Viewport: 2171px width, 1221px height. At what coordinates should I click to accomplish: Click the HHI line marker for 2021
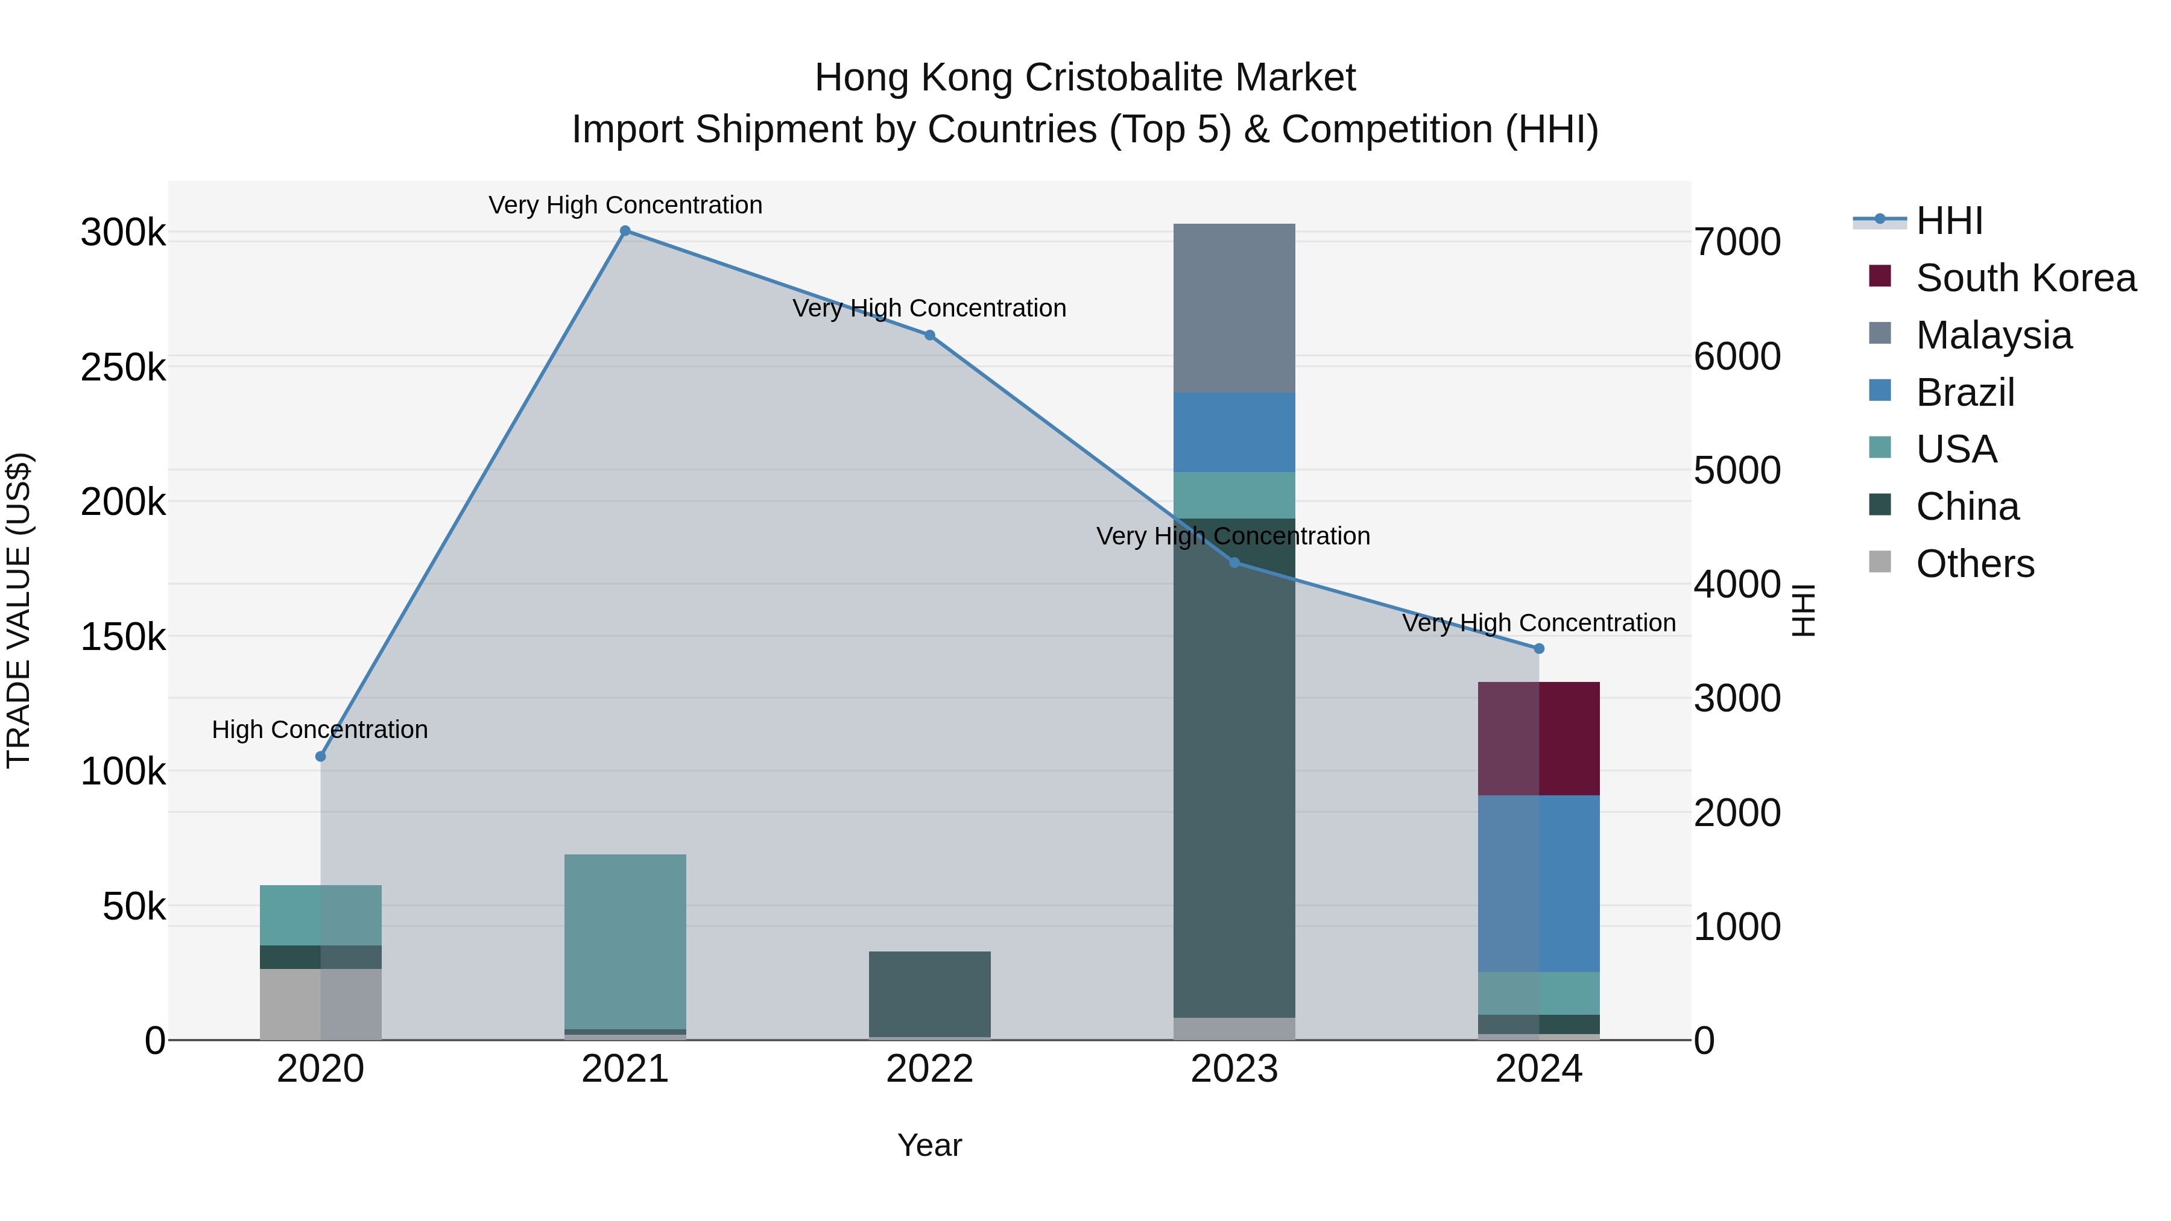(x=625, y=231)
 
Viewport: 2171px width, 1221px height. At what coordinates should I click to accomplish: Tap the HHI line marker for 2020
(x=320, y=757)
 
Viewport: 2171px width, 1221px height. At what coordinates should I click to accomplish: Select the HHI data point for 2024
(x=1539, y=649)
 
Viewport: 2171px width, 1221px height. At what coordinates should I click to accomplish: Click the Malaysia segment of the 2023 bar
(x=1234, y=308)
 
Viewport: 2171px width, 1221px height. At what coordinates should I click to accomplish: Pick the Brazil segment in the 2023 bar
(x=1234, y=432)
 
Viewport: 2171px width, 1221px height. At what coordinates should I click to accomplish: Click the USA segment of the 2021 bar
(x=625, y=941)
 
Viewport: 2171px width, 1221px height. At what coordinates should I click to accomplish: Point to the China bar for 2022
(x=929, y=994)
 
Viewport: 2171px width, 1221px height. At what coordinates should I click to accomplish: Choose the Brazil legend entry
(x=1965, y=393)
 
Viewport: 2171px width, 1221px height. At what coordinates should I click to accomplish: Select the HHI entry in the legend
(x=1948, y=221)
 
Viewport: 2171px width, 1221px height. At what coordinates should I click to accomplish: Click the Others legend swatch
(x=1879, y=562)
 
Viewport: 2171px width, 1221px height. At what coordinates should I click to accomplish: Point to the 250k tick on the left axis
(x=123, y=368)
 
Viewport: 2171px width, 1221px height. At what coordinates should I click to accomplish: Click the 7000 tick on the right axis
(x=1737, y=242)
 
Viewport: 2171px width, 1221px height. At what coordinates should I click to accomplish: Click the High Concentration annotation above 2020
(x=320, y=730)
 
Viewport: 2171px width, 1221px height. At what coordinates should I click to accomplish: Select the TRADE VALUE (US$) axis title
(x=19, y=610)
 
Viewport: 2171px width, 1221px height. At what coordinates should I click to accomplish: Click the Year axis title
(x=929, y=1145)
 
